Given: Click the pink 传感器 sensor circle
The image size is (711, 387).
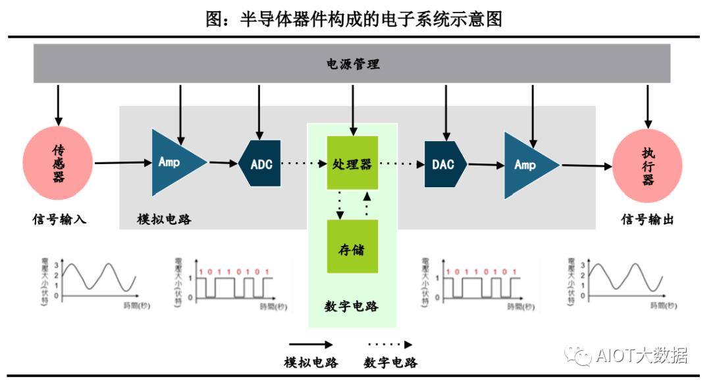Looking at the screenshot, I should tap(59, 163).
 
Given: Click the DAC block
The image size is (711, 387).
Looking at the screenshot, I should tap(445, 164).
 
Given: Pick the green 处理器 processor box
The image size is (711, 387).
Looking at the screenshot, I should tap(352, 164).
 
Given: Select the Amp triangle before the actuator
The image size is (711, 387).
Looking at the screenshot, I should tap(527, 165).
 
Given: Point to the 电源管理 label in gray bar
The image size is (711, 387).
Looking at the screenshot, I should tap(354, 64).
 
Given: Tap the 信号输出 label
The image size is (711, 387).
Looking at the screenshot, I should tap(648, 220).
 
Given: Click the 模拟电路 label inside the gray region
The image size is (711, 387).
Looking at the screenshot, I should tap(165, 220).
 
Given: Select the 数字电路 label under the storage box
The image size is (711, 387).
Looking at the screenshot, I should tap(352, 307).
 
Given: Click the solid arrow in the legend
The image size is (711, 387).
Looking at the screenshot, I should tap(311, 344).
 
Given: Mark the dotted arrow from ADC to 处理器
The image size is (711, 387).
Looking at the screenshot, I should tap(304, 164).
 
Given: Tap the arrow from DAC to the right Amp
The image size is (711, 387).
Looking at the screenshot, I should tap(486, 165).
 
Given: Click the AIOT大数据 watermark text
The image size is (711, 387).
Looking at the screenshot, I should tap(641, 356).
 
